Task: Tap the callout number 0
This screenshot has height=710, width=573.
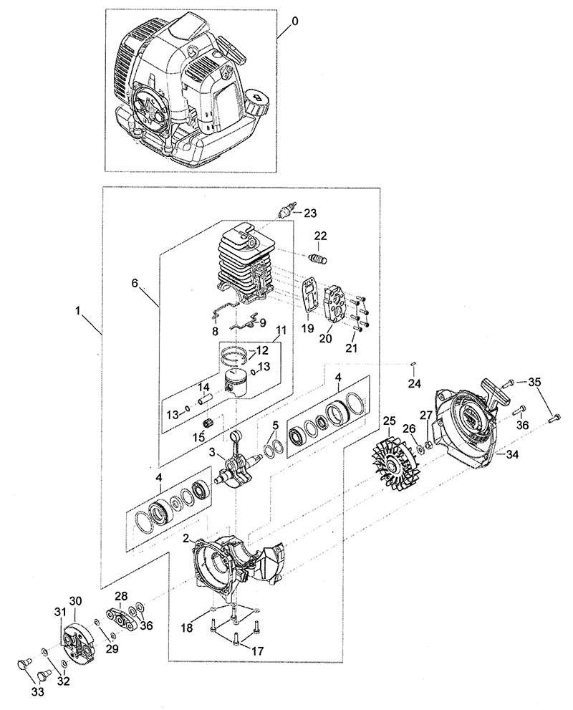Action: pyautogui.click(x=295, y=21)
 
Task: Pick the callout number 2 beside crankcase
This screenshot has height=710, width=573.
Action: pyautogui.click(x=186, y=537)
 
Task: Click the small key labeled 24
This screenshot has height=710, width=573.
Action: pyautogui.click(x=414, y=366)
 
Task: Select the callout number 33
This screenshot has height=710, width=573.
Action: pyautogui.click(x=37, y=691)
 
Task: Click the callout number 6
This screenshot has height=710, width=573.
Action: pyautogui.click(x=134, y=282)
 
